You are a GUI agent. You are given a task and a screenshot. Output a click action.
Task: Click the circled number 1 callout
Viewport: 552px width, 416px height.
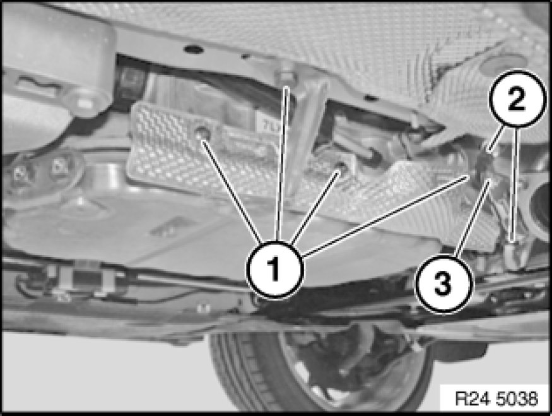pos(275,270)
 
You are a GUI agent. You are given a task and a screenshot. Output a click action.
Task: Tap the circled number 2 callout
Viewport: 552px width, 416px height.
pos(516,99)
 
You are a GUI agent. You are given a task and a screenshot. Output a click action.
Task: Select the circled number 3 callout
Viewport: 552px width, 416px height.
pos(443,283)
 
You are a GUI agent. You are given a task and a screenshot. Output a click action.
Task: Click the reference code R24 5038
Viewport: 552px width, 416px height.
pos(496,398)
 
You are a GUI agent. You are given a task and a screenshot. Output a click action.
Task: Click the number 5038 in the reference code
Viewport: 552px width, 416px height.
pos(517,398)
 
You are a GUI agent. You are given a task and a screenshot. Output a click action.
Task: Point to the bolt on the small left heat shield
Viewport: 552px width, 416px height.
pos(203,132)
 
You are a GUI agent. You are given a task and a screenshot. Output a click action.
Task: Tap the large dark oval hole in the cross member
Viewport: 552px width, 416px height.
pos(193,49)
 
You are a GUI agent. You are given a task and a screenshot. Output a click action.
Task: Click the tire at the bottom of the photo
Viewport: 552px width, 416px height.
pos(317,370)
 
